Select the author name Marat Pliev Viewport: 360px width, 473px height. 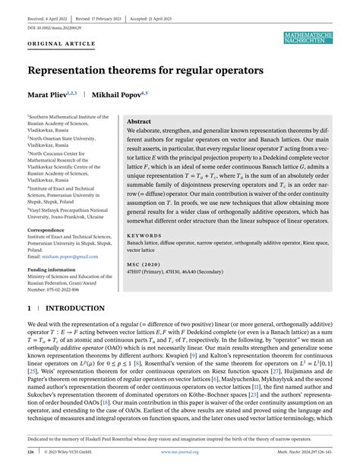tap(50, 96)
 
